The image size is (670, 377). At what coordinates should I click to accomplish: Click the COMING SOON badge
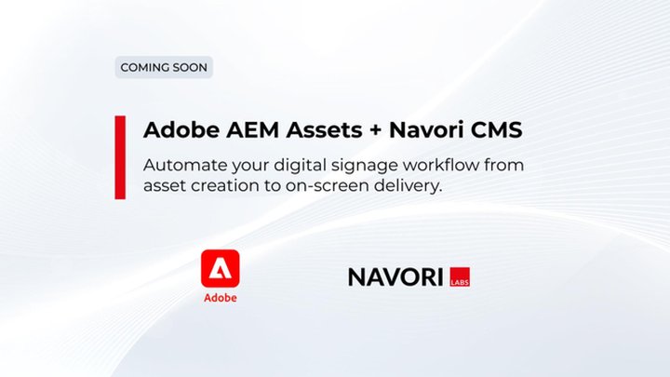coord(163,67)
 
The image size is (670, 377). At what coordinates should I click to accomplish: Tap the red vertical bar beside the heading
coord(120,157)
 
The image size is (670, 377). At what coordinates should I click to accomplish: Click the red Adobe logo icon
coord(220,269)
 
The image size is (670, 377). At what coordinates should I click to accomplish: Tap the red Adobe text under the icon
coord(220,298)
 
